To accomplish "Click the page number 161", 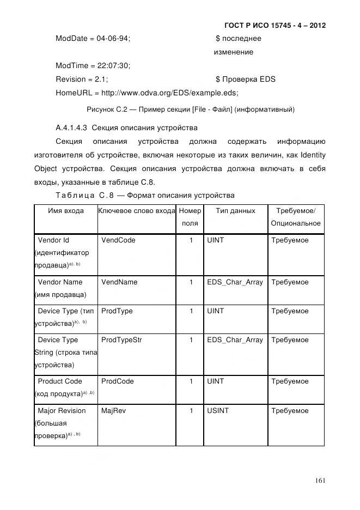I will pos(320,480).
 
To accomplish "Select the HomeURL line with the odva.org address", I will pos(147,93).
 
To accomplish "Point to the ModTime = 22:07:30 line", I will pos(93,65).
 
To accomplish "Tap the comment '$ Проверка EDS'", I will pos(246,79).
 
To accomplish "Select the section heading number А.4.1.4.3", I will pos(71,128).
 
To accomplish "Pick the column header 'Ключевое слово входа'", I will pos(137,211).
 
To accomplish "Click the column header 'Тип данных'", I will pos(235,211).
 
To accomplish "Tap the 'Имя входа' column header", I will pos(66,211).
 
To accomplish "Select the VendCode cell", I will pos(118,240).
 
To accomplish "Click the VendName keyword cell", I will pos(119,282).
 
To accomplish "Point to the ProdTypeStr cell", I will pos(121,340).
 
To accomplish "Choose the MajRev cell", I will pos(113,411).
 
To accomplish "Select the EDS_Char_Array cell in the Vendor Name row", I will pos(235,282).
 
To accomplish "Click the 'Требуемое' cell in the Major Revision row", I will pos(290,411).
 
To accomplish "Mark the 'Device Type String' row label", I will pos(65,352).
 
